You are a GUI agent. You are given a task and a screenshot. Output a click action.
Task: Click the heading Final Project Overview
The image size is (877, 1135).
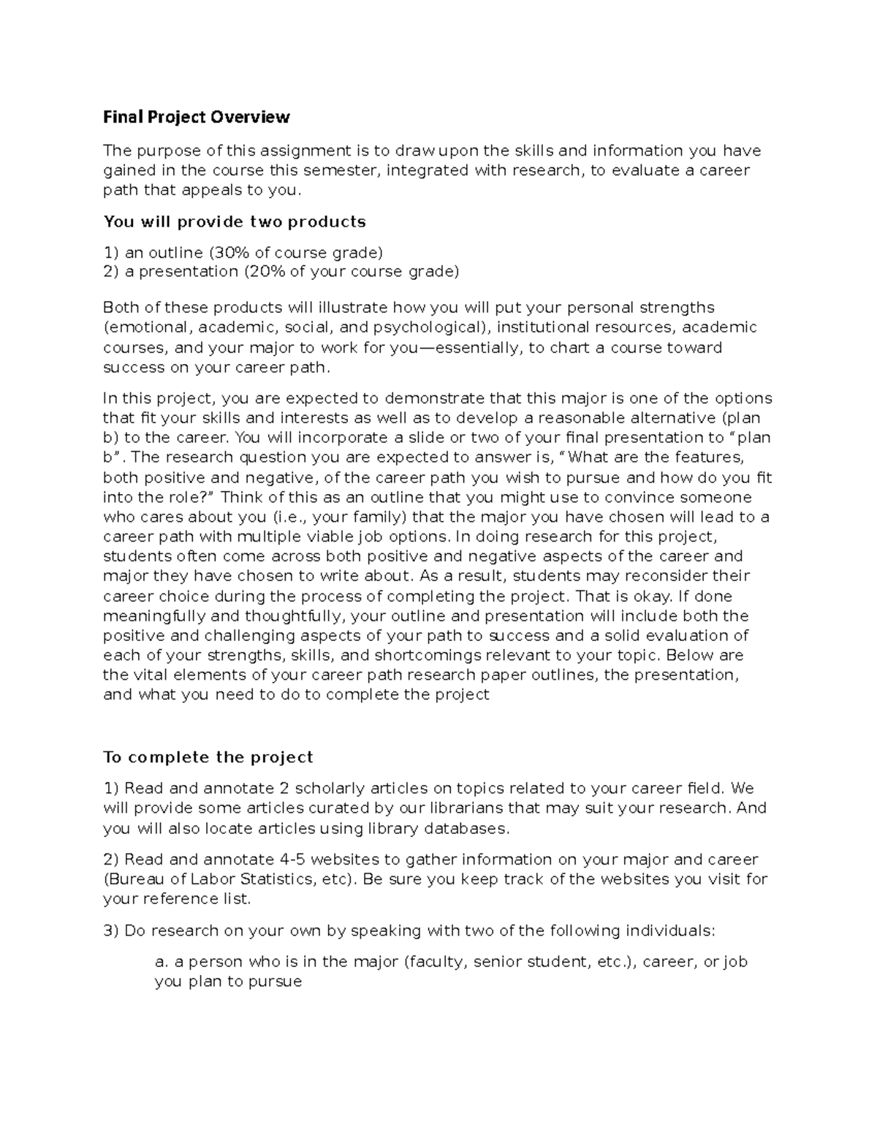tap(197, 117)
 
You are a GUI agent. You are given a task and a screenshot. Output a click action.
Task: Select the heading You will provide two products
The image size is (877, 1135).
tap(234, 221)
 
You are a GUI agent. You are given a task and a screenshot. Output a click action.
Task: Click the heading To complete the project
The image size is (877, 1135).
tap(208, 757)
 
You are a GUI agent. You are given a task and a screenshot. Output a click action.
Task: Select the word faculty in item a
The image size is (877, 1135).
tap(436, 962)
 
